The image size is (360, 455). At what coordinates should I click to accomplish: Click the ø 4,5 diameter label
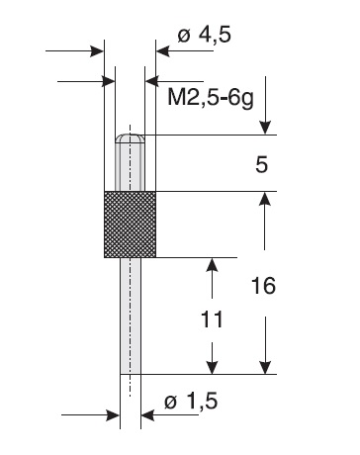pos(204,35)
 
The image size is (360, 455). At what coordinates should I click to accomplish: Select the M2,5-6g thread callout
pos(211,98)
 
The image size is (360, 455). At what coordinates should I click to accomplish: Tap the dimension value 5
pos(261,165)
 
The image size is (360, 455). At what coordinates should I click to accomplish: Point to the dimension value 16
pos(263,286)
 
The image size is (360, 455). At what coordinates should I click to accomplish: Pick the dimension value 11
pos(212,319)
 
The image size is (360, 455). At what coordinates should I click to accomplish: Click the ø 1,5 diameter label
pos(191,402)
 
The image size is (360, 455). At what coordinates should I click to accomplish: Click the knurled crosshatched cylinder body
pos(130,225)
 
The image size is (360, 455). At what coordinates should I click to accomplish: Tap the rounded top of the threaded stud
pos(130,138)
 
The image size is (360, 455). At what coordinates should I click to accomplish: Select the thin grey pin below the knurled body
pos(131,316)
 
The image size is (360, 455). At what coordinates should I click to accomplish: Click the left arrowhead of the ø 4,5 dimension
pos(97,51)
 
